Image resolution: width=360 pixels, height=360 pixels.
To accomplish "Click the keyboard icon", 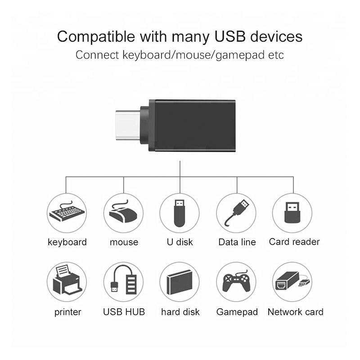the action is point(67,211).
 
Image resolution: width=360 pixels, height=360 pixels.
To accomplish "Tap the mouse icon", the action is point(123,211).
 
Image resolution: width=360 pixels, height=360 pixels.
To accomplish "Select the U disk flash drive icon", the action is point(179,213).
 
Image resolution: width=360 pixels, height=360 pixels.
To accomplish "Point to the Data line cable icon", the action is point(237,212).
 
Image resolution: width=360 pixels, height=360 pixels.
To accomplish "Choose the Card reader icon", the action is point(292,212).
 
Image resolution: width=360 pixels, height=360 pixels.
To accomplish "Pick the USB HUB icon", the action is point(123,280).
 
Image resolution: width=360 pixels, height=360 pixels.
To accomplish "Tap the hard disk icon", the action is point(180,282).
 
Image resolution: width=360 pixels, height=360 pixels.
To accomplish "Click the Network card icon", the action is point(292,280).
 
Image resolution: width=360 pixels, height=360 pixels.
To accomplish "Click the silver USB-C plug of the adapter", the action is point(128,125).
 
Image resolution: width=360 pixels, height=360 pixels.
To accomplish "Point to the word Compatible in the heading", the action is point(96,37).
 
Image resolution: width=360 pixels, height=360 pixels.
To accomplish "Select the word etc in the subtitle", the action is point(276,55).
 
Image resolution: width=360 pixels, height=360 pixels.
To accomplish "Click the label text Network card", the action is point(296,312).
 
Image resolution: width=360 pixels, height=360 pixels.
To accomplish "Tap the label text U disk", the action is point(180,242).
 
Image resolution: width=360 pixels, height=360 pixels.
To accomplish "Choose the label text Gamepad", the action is point(237,312).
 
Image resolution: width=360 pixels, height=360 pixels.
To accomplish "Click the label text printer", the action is point(68,312).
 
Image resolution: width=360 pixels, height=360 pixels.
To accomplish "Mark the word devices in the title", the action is point(276,36).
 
